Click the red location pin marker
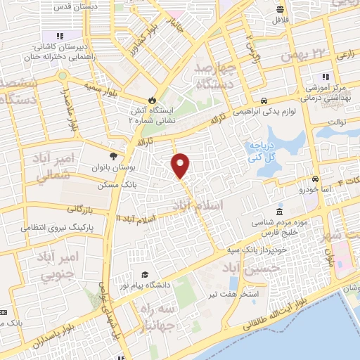tap(181, 165)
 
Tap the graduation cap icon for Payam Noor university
tap(145, 274)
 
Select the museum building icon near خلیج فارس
tap(280, 212)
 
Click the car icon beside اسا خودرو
tap(316, 179)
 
